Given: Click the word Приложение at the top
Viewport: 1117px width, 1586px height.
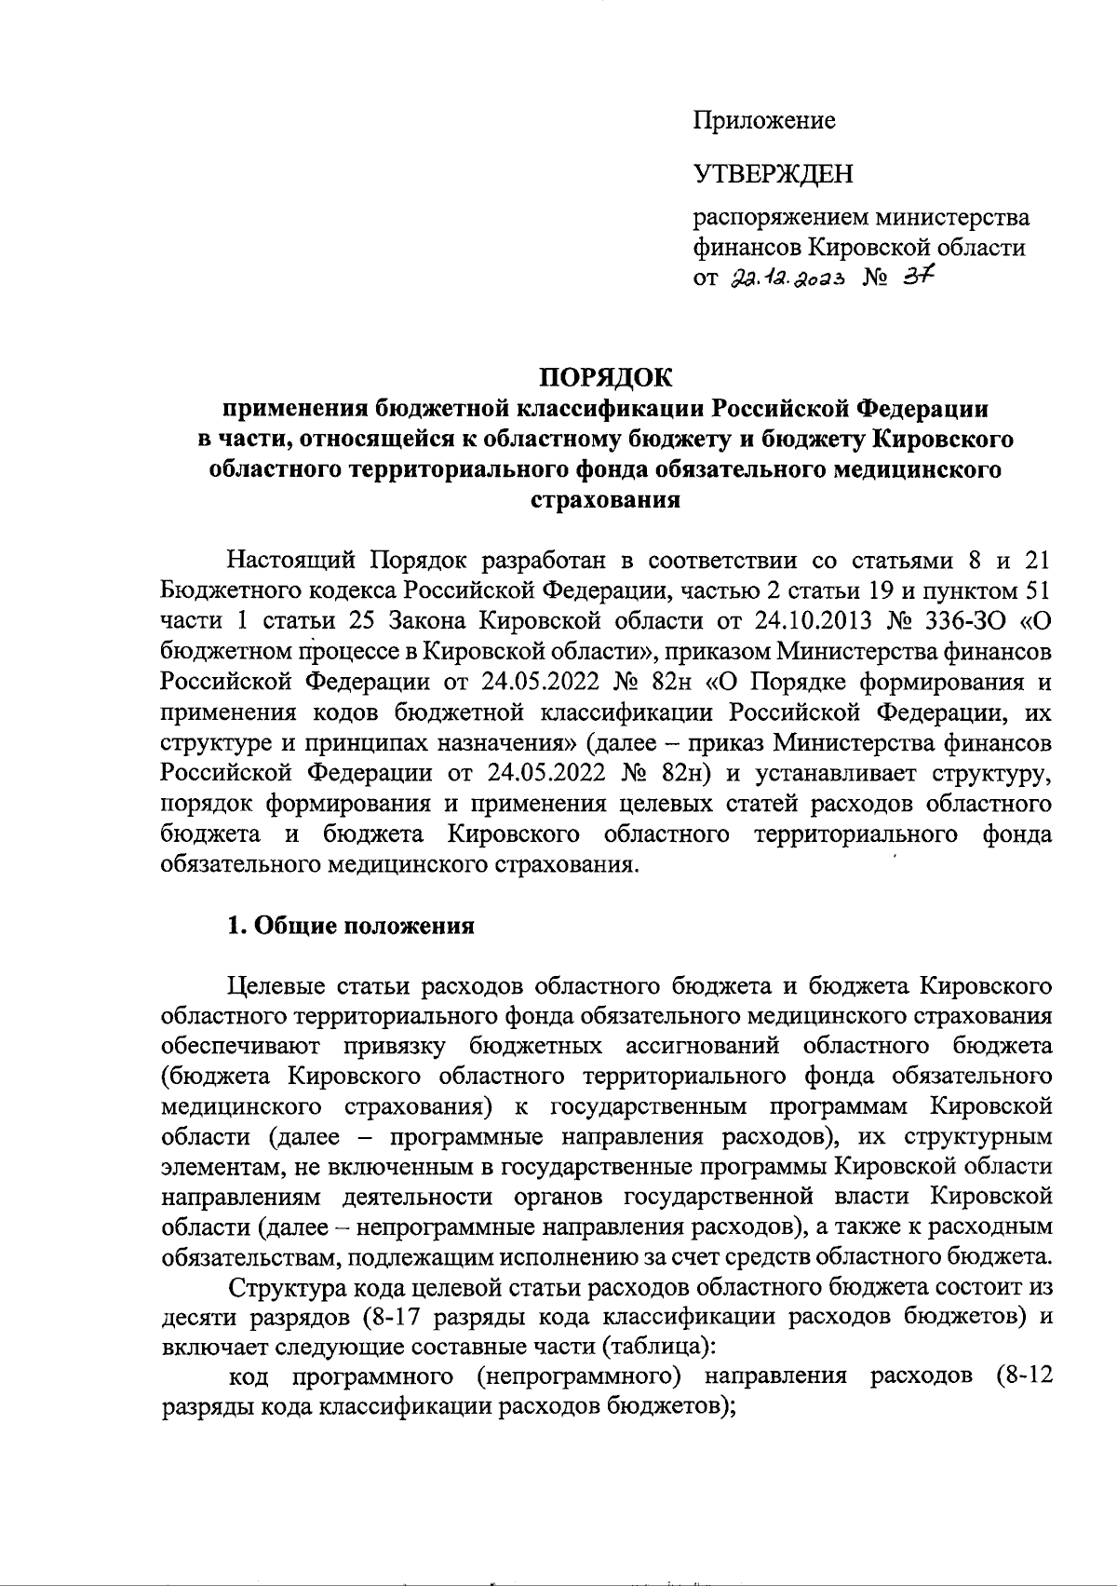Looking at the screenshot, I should (x=763, y=120).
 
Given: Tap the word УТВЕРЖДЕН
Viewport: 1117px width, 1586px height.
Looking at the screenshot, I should (x=773, y=173).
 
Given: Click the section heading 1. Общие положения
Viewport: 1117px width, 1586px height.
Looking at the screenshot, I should (x=352, y=926).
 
